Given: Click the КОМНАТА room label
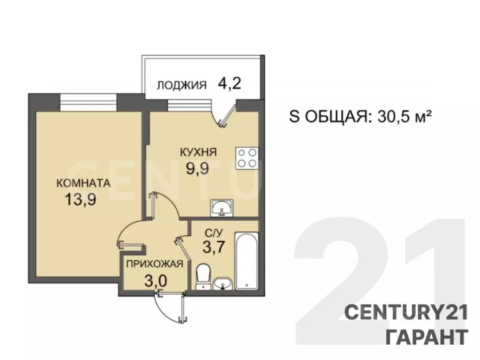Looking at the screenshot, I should coord(83,183).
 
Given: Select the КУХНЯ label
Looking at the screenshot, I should coord(198,152).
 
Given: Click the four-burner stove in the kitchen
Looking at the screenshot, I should coord(247,158).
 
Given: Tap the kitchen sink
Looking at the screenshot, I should coord(221,208).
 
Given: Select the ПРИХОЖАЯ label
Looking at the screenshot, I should coord(154,264).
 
